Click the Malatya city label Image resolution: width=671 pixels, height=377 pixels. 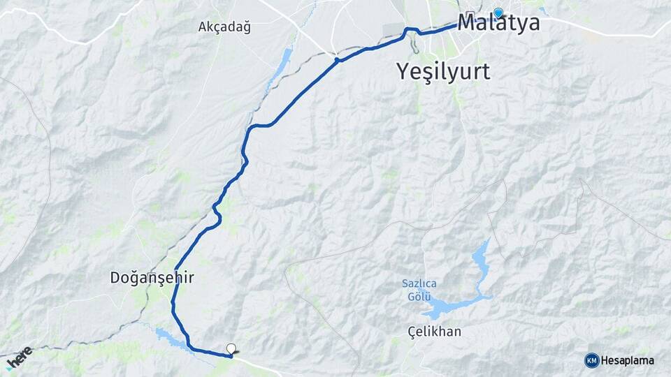point(498,23)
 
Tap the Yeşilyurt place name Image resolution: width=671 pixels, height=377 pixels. point(443,71)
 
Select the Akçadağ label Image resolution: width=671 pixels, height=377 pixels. point(224,27)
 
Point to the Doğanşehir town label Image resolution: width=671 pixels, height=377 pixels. point(152,277)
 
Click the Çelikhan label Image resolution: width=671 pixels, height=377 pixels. point(434,331)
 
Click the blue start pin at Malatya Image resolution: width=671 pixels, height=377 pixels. point(498,13)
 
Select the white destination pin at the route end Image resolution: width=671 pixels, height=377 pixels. point(231,348)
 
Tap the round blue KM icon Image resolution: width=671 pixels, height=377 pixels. point(592,360)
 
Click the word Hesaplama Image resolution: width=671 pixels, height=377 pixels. point(628,360)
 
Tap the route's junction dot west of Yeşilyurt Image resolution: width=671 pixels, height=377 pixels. point(337,60)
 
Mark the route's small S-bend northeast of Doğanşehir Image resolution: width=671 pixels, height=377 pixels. point(217,212)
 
